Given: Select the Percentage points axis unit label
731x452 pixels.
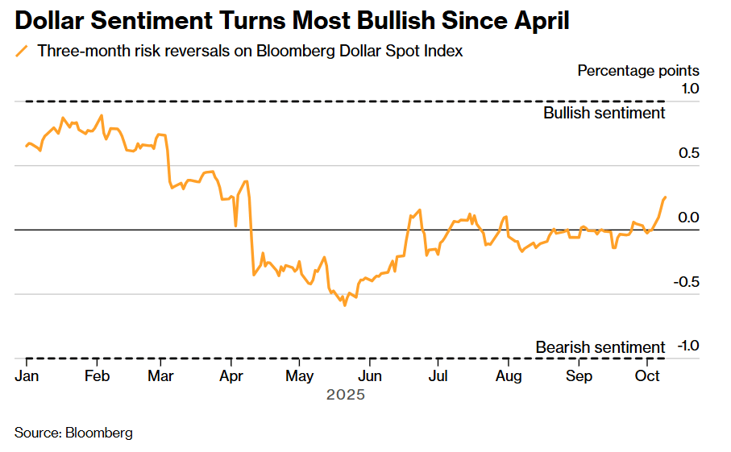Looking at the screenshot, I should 638,71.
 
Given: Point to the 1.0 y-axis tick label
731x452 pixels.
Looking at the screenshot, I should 689,88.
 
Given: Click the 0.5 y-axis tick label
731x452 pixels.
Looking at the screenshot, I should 689,153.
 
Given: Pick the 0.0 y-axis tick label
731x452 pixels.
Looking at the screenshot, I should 689,218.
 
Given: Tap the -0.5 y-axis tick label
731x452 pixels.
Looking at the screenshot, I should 687,282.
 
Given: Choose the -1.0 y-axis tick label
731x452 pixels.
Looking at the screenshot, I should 687,346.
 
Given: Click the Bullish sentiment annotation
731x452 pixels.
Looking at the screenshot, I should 604,113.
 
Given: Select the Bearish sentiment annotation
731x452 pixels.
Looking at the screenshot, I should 600,347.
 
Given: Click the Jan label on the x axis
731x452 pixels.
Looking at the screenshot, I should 27,376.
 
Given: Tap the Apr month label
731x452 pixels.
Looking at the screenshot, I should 232,376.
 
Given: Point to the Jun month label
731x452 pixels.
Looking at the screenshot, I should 370,376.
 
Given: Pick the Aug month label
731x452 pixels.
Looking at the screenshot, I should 509,376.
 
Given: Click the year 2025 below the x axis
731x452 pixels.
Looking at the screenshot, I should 346,395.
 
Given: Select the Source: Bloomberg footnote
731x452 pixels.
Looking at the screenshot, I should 73,433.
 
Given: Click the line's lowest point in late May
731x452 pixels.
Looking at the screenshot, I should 345,305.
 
